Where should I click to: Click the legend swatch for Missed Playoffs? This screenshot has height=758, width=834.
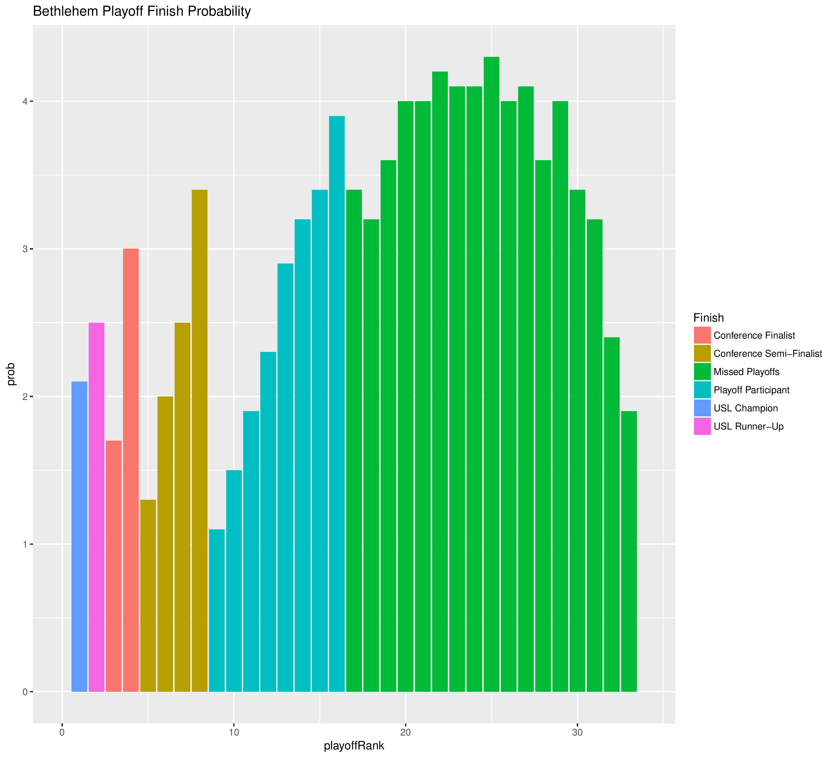tap(702, 372)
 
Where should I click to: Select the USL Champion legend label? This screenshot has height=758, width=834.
tap(746, 408)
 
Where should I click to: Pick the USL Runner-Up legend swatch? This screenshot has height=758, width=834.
tap(702, 426)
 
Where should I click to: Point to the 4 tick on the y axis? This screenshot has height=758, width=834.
tap(25, 101)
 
